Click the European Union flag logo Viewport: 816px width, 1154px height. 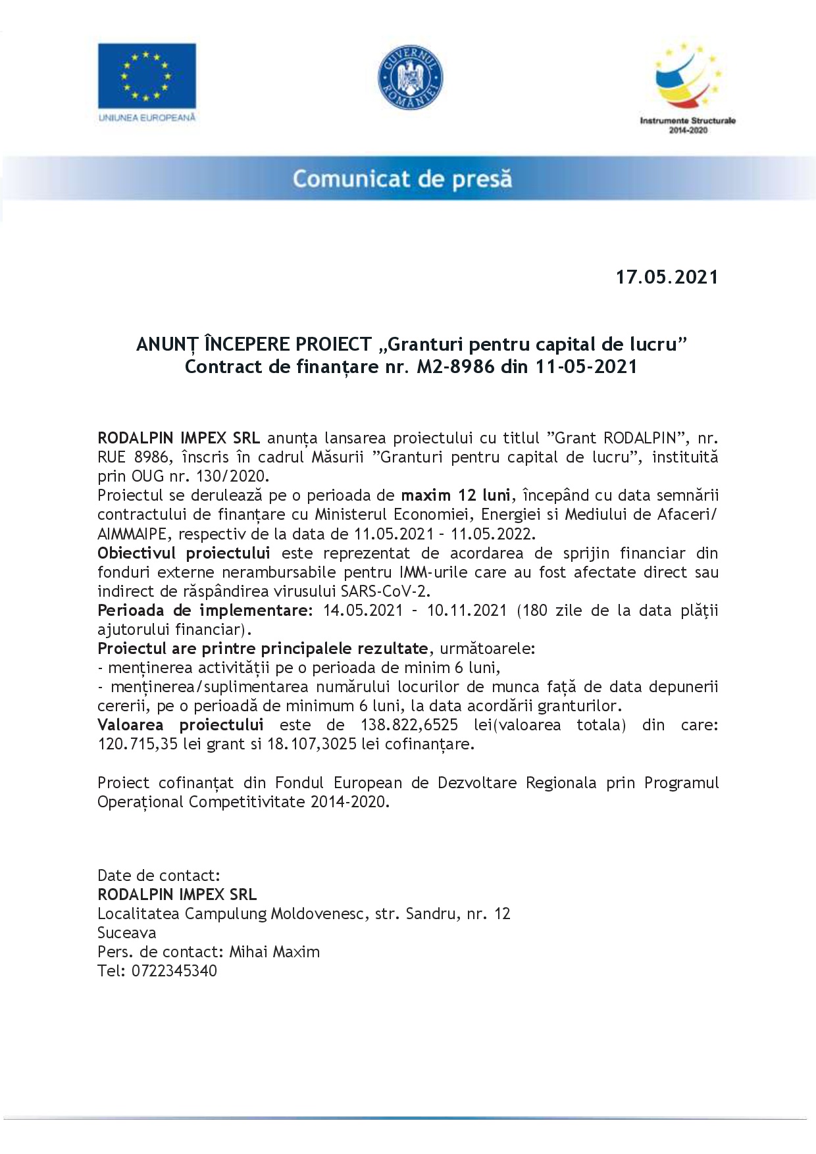(147, 76)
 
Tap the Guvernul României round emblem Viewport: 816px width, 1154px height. (409, 77)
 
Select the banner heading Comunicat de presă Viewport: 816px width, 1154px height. (402, 179)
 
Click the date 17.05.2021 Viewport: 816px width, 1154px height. (667, 277)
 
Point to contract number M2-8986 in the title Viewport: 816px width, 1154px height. (455, 366)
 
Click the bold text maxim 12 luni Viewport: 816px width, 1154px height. (455, 495)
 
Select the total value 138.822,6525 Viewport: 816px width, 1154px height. (409, 725)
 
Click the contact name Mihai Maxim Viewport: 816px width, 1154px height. (274, 952)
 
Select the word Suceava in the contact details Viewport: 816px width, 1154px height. (127, 933)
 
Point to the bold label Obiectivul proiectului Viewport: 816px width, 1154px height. (184, 553)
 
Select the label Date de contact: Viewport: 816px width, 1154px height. (159, 876)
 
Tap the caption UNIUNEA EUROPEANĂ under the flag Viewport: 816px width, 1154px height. (147, 117)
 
